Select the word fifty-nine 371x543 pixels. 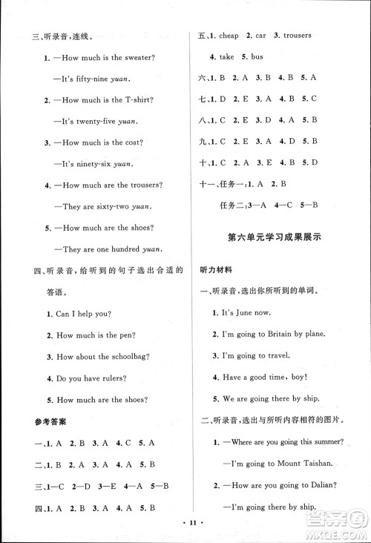click(x=94, y=79)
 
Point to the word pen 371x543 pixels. click(x=131, y=335)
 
